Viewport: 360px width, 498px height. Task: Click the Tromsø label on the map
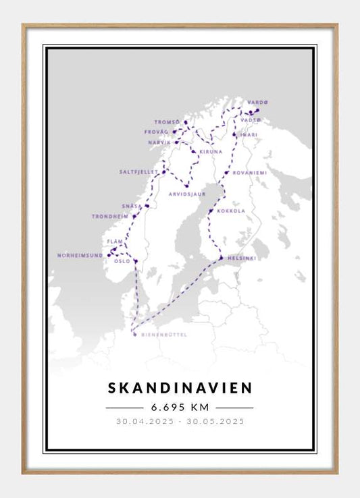click(x=167, y=122)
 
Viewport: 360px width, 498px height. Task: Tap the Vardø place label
click(x=257, y=102)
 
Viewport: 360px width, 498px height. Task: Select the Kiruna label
click(x=210, y=153)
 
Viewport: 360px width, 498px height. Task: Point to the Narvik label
click(x=159, y=143)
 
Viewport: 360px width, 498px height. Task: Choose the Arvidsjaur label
click(x=186, y=194)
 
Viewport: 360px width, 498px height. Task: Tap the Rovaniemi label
click(x=249, y=173)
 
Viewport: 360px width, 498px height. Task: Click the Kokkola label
click(x=231, y=211)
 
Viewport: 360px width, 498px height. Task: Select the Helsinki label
click(x=240, y=258)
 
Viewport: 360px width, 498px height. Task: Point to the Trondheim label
click(x=110, y=217)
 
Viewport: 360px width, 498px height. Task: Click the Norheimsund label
click(x=80, y=256)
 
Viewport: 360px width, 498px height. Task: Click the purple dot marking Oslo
click(x=135, y=261)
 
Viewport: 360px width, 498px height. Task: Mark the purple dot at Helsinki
click(x=221, y=257)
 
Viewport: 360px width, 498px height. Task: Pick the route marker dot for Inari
click(x=234, y=134)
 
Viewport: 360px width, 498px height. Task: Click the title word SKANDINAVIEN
click(x=180, y=388)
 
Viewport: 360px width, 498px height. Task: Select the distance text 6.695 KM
click(x=180, y=408)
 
